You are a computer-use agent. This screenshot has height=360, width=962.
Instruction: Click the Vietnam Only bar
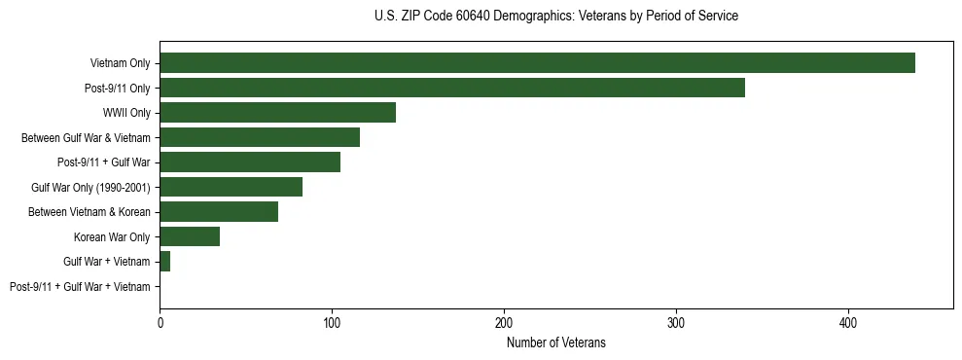[537, 63]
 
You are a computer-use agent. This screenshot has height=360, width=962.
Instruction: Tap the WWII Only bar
[277, 113]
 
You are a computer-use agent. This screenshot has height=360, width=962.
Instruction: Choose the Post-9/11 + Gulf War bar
[250, 162]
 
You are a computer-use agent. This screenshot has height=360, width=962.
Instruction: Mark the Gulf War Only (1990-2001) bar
[231, 187]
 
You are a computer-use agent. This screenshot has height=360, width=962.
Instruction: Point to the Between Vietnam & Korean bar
[219, 211]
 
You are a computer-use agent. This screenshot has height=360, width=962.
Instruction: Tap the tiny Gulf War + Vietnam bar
[165, 261]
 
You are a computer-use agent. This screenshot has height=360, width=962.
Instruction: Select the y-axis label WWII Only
[126, 113]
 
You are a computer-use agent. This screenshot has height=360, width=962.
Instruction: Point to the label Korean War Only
[112, 236]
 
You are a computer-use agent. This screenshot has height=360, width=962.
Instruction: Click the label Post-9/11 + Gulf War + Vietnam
[80, 286]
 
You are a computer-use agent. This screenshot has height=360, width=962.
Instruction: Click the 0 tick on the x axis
[160, 322]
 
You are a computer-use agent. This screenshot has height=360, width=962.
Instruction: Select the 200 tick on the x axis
[504, 322]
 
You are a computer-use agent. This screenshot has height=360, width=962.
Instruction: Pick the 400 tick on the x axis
[848, 322]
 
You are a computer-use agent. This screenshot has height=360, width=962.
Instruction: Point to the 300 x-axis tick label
[676, 322]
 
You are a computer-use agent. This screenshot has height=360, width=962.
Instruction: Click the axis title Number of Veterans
[555, 342]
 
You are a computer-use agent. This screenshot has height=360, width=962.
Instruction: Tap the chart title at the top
[555, 17]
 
